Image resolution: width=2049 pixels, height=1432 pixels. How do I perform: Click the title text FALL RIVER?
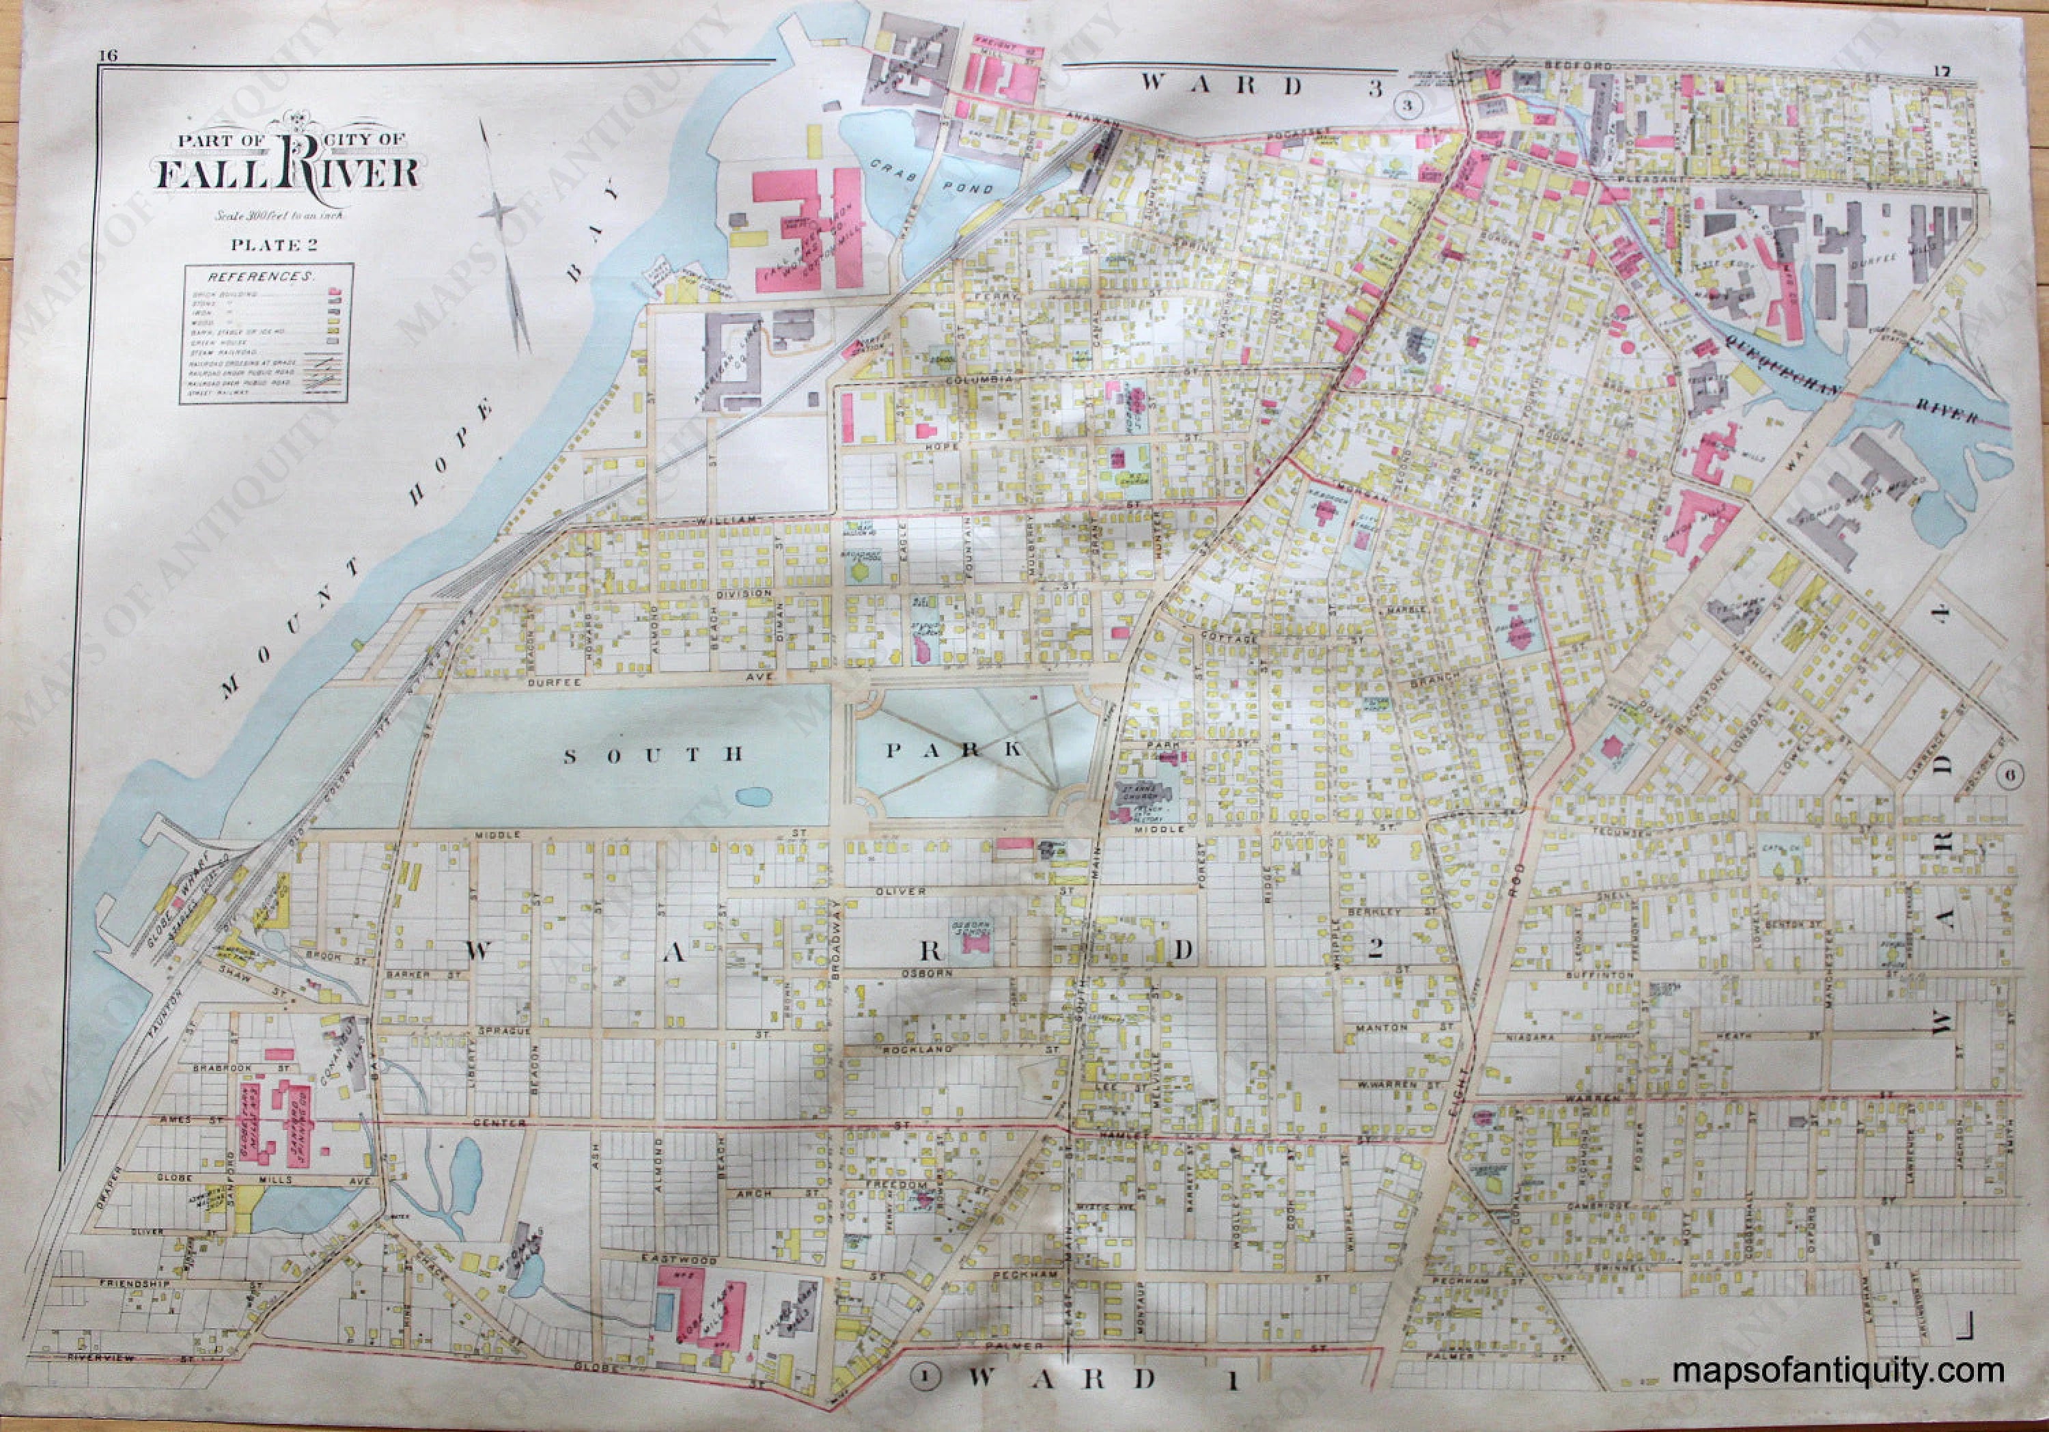(x=288, y=172)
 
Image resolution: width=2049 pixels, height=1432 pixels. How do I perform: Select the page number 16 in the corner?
(x=109, y=56)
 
